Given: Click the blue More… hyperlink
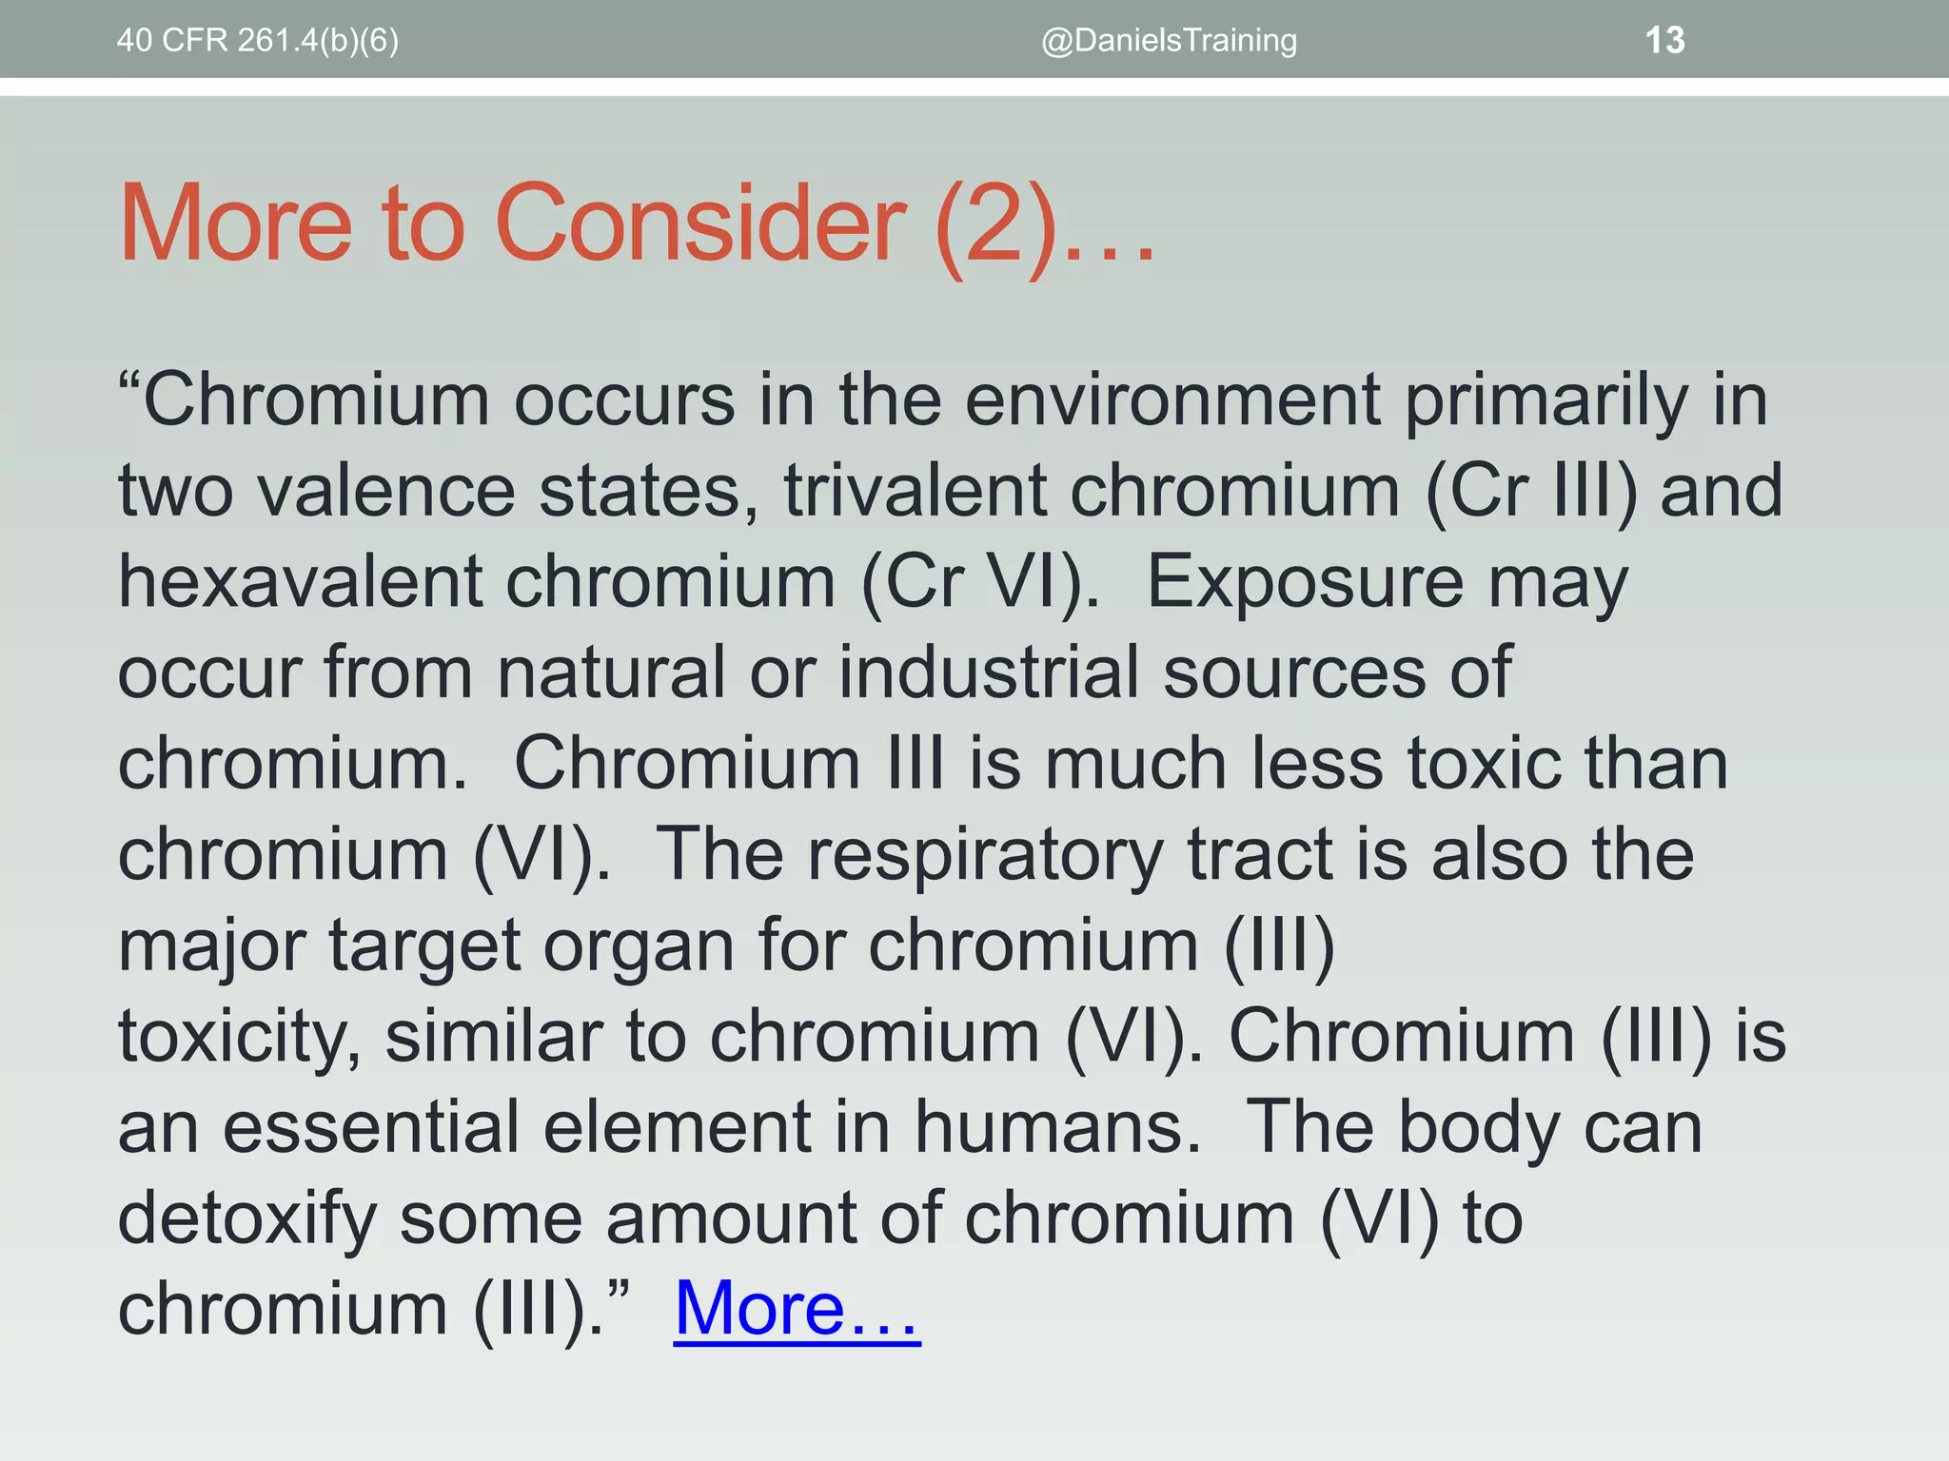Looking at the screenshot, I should point(797,1309).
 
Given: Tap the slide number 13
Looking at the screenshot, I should point(1664,41).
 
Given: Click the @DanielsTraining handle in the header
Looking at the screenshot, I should point(1169,41).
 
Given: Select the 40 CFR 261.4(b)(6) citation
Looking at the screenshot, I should point(258,41).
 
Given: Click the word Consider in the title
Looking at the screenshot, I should point(700,224).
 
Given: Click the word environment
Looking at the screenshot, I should point(1171,400).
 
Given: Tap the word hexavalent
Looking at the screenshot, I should point(300,582).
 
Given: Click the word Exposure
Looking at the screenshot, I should point(1304,582).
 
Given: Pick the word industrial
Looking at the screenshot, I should point(988,672).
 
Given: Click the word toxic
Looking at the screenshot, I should point(1484,764).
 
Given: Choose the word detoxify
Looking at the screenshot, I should point(246,1218).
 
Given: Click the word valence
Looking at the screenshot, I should point(385,492).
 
